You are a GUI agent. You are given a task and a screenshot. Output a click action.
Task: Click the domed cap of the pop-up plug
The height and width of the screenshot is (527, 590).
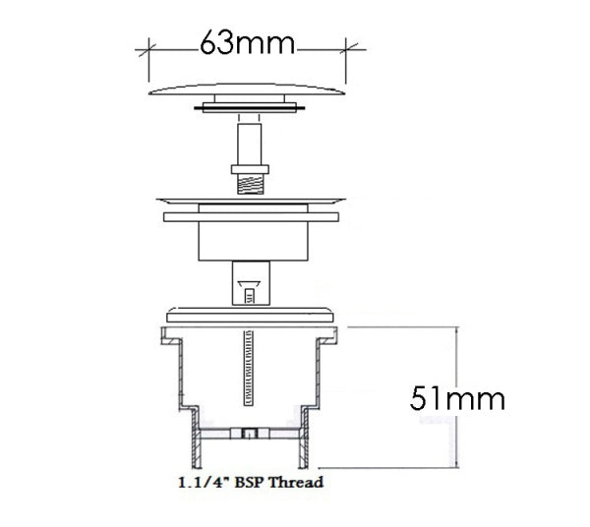[x=248, y=87]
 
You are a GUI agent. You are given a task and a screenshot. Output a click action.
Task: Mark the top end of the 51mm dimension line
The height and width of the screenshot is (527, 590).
[x=456, y=329]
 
